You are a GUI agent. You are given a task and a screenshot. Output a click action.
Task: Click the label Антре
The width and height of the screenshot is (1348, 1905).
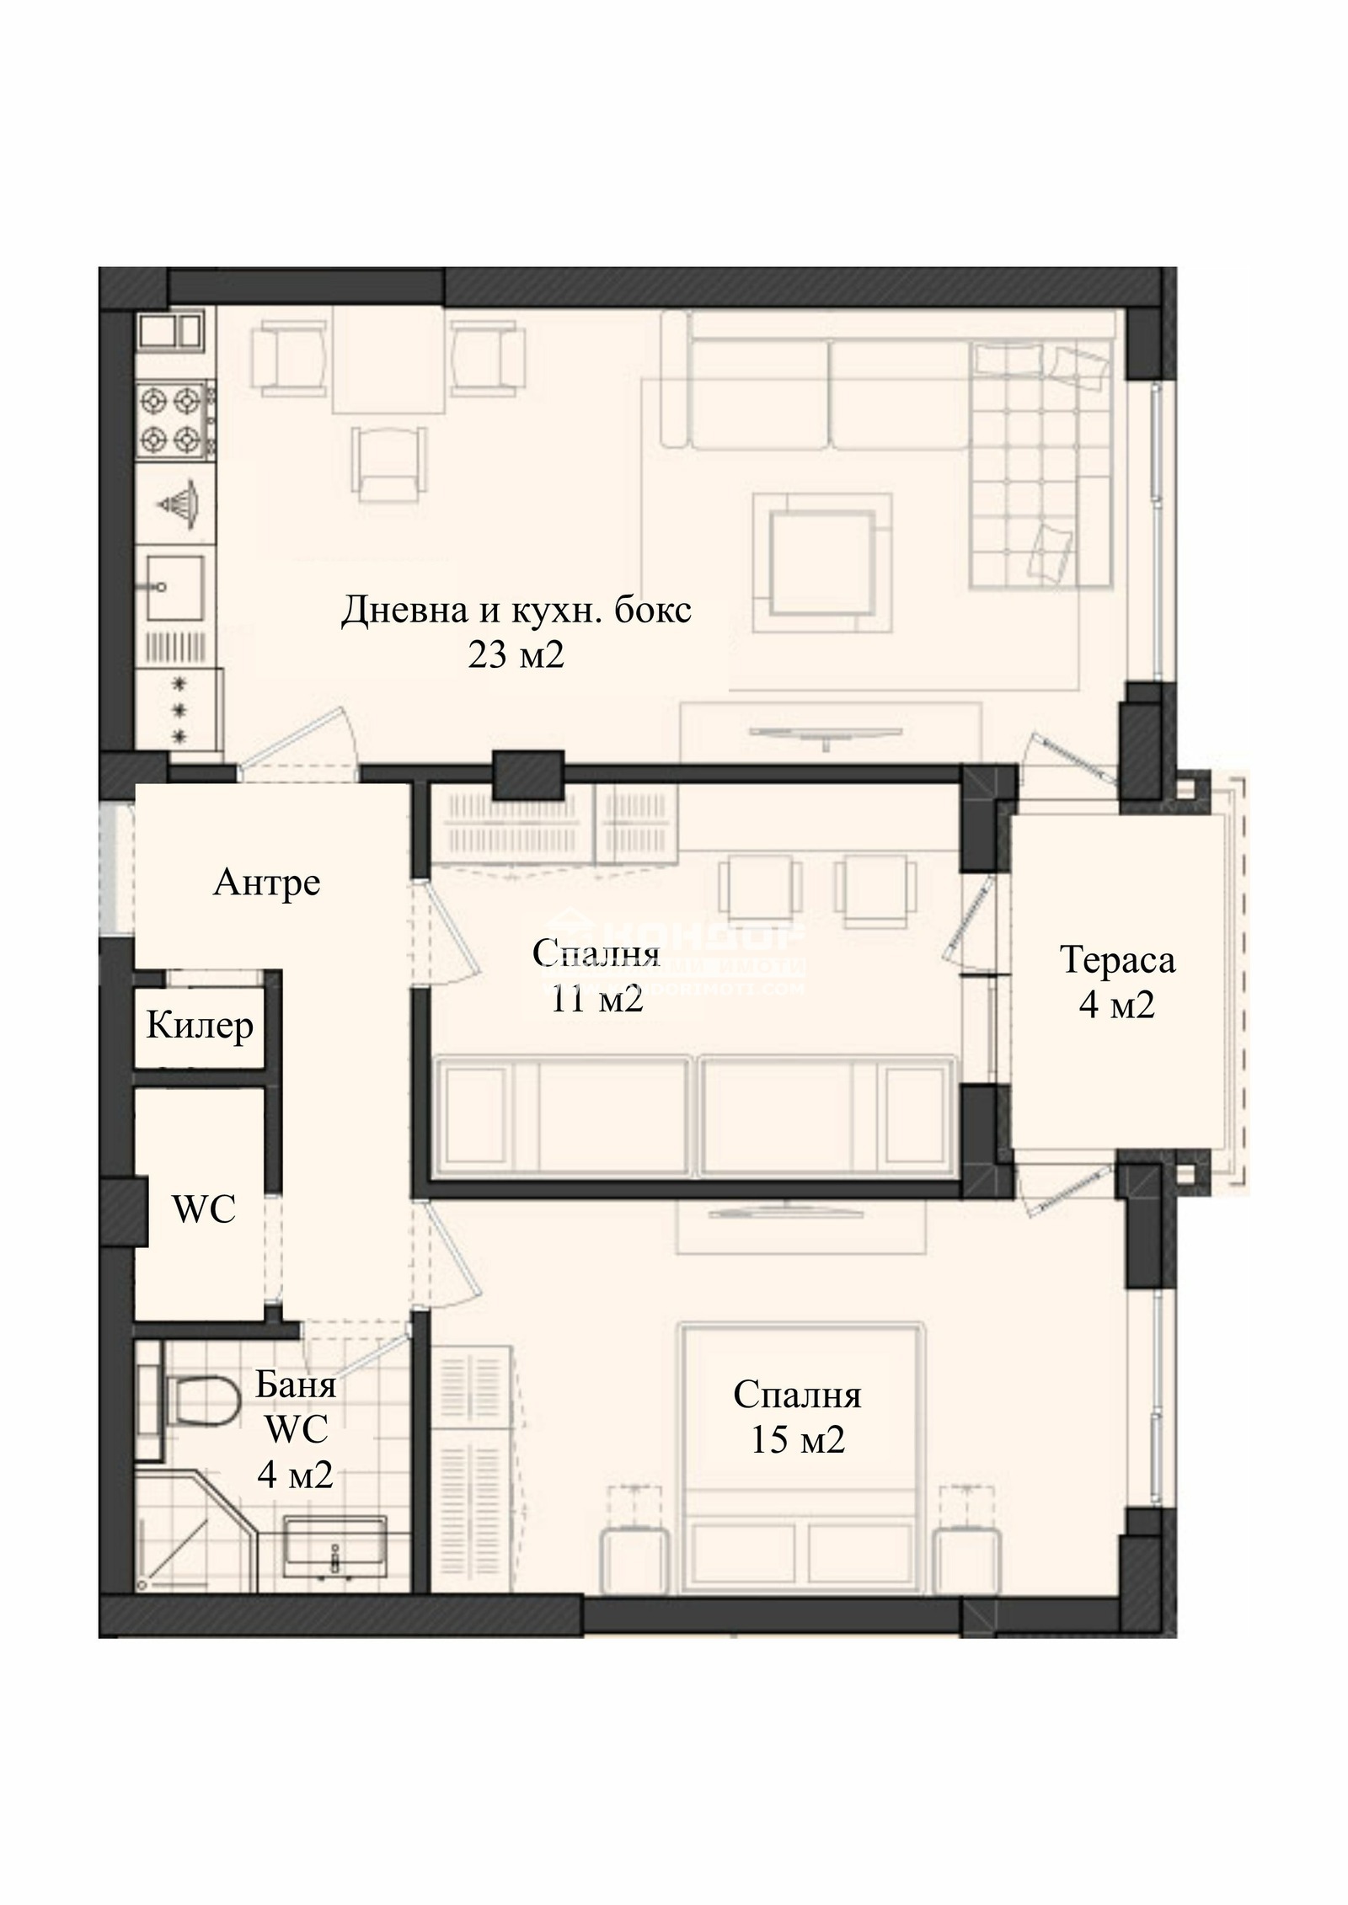(266, 883)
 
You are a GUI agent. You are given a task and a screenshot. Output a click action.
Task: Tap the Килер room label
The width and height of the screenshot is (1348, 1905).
(200, 1025)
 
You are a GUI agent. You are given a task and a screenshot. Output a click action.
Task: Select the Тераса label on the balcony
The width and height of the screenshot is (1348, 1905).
(1117, 959)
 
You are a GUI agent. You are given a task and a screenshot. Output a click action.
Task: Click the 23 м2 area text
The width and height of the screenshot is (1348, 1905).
(516, 655)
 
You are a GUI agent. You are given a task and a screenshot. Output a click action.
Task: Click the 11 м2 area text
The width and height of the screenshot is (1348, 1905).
(597, 1000)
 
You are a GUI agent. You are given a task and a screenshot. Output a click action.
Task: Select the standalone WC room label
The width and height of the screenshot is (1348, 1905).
(204, 1210)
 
